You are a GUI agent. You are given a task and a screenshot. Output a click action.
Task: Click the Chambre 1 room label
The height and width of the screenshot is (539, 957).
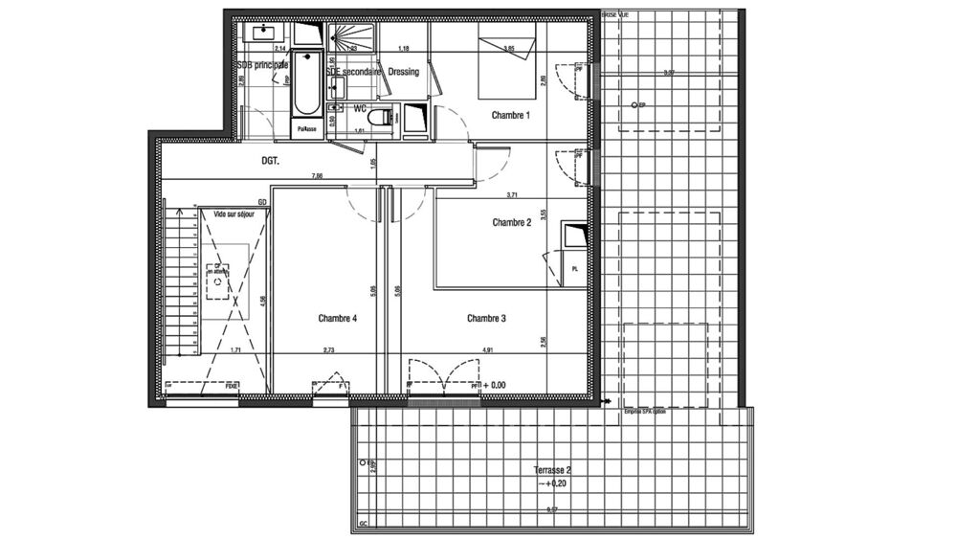pos(511,116)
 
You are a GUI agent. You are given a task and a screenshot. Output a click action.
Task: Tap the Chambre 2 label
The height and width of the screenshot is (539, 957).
pos(511,222)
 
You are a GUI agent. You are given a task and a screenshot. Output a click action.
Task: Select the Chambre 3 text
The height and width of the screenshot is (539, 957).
pos(486,318)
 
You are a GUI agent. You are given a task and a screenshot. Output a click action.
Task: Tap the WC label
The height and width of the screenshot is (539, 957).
pos(361,108)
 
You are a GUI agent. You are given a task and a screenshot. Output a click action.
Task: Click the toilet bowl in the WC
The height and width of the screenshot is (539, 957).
pos(382,118)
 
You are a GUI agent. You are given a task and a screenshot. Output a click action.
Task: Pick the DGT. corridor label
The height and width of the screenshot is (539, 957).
pos(271,162)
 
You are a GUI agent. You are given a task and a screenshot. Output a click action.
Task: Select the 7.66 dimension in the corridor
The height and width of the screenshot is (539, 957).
pos(315,176)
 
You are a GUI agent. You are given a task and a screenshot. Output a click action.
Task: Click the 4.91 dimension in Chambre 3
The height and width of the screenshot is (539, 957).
pos(487,350)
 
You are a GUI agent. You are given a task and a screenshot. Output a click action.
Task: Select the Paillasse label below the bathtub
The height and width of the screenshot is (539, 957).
pos(306,128)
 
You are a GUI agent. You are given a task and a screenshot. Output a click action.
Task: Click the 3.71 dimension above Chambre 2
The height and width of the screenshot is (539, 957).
pos(511,194)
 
